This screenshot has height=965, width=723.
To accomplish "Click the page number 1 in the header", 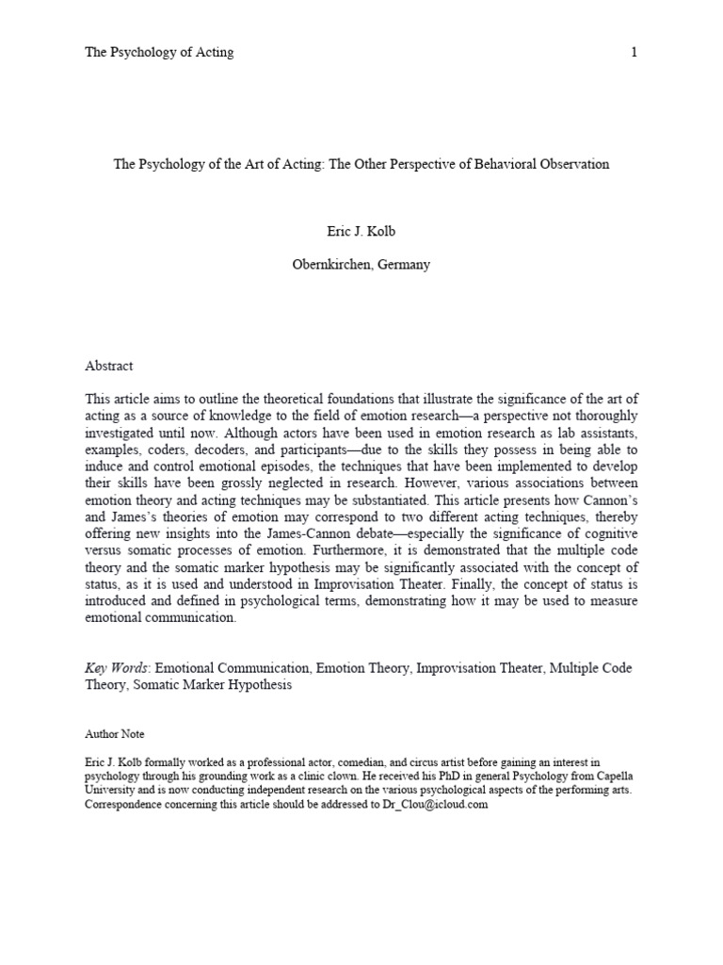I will click(x=634, y=53).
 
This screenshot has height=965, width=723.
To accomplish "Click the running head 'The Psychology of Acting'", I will click(x=159, y=53).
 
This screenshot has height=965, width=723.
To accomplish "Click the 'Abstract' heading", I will click(x=109, y=366).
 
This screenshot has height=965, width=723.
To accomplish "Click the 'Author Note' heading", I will click(x=115, y=734).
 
